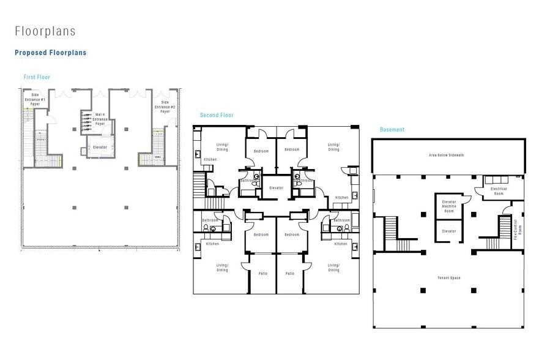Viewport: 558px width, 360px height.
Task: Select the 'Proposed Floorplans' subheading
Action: pos(50,53)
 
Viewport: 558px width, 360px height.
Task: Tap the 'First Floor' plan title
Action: pos(37,77)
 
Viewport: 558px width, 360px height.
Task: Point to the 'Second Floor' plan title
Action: pos(217,115)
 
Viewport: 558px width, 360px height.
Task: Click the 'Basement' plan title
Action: pos(392,130)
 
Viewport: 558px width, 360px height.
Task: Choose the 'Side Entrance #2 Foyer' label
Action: pos(165,107)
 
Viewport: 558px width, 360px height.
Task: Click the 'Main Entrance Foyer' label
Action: pos(100,119)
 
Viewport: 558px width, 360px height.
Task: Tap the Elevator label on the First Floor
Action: pos(100,148)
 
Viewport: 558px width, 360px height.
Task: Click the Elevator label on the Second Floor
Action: pos(277,188)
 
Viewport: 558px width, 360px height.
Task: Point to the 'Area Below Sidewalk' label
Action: pos(447,156)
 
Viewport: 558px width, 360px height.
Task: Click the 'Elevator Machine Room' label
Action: pos(449,208)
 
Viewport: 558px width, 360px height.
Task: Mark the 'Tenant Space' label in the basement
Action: pos(448,278)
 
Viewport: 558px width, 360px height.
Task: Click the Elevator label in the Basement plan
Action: pos(449,231)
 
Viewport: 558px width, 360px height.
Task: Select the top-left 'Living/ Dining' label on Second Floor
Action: pos(223,147)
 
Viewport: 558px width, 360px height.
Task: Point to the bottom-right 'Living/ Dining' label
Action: pos(333,268)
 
